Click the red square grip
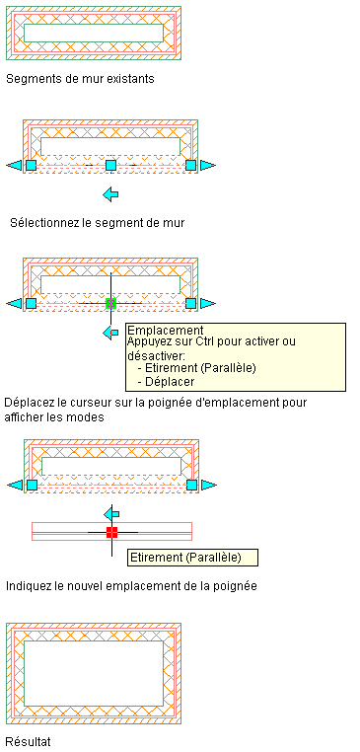tap(111, 532)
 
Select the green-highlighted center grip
tap(110, 303)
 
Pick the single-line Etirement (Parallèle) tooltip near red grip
tap(192, 557)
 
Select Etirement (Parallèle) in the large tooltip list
tap(196, 368)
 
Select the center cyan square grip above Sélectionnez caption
tap(110, 165)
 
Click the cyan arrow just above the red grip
tap(111, 514)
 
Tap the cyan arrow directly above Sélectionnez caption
tap(110, 194)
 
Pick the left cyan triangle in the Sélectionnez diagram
tap(15, 165)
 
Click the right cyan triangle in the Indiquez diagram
tap(209, 485)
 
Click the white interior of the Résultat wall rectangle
tap(94, 673)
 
